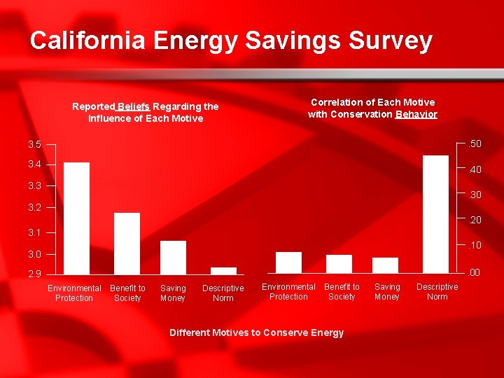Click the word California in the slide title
tap(87, 41)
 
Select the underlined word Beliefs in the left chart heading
tap(133, 106)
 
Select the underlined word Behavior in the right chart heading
tap(416, 114)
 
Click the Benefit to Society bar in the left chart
tap(127, 242)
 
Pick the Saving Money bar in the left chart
tap(173, 257)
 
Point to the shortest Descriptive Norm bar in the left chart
tap(223, 270)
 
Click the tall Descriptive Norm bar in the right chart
tap(435, 213)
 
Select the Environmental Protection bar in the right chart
tap(288, 262)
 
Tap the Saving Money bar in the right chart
tap(385, 265)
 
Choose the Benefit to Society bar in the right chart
tap(339, 263)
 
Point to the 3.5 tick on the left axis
tap(34, 145)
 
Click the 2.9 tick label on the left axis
tap(34, 274)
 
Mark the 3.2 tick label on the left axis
tap(34, 208)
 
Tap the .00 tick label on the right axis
tap(475, 273)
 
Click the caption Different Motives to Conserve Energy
tap(256, 332)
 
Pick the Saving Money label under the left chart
tap(173, 293)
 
